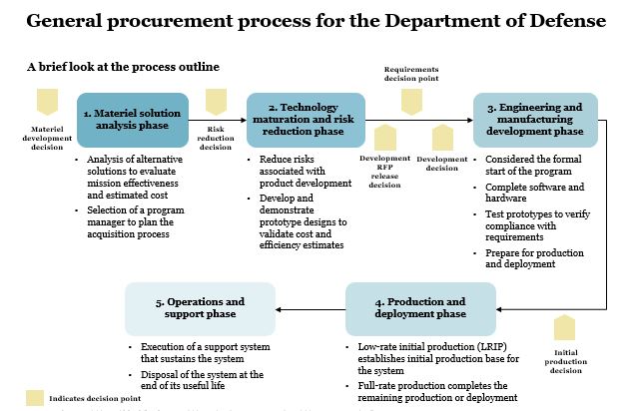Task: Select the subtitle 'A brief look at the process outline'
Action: point(123,67)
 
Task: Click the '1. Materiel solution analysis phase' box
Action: point(133,120)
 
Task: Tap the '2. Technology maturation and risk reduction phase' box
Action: point(306,120)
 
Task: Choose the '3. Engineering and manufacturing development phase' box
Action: point(535,120)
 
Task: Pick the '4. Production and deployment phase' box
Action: point(420,307)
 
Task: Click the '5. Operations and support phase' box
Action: point(200,307)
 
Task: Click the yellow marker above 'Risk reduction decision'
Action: point(216,102)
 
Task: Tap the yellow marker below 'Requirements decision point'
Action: point(411,102)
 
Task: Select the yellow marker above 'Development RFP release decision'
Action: point(384,138)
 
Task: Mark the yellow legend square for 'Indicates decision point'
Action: point(35,398)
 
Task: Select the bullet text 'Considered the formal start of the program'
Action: point(538,166)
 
